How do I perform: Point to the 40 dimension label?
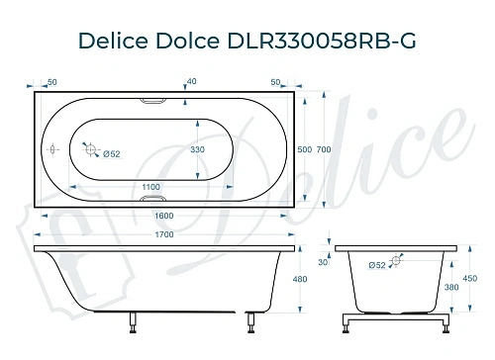192,82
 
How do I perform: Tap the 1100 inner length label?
149,186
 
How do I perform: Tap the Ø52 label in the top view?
110,154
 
